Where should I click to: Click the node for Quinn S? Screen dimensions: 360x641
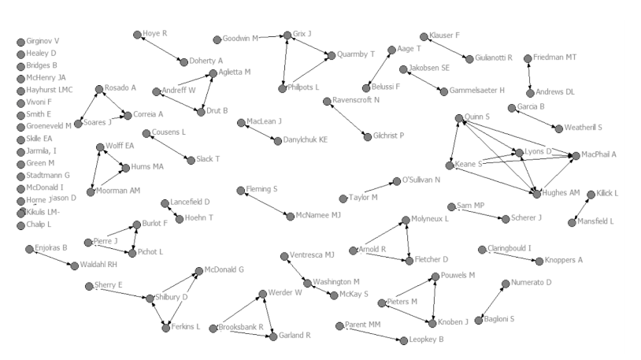click(459, 118)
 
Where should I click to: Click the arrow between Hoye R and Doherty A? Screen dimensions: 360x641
click(161, 48)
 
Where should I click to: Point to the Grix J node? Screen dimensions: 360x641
click(286, 35)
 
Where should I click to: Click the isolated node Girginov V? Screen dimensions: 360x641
click(20, 42)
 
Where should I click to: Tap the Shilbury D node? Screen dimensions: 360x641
click(149, 298)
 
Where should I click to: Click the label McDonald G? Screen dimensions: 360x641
click(224, 269)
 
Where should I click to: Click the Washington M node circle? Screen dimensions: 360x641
click(307, 282)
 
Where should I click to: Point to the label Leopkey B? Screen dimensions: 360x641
click(427, 340)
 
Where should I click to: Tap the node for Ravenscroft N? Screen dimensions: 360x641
click(327, 101)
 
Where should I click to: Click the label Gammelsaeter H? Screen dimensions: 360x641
click(477, 91)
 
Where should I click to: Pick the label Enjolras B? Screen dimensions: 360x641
click(52, 248)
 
